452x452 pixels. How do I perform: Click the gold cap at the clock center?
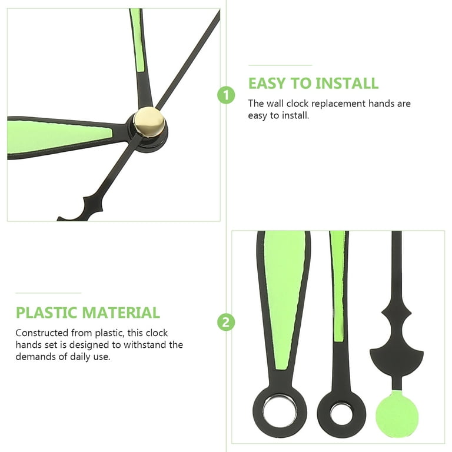[149, 122]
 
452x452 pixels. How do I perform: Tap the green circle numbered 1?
[226, 95]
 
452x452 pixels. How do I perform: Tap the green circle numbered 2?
[226, 323]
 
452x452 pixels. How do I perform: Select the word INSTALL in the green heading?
[347, 84]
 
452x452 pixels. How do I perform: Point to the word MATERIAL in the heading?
[123, 313]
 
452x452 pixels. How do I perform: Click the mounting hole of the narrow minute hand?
[341, 413]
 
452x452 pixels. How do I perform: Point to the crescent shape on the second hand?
[397, 363]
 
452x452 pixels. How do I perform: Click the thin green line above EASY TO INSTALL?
[280, 65]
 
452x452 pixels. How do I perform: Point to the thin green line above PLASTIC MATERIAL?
[48, 293]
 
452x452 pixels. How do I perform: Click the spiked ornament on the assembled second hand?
[92, 204]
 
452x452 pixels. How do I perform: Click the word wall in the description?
[275, 104]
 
